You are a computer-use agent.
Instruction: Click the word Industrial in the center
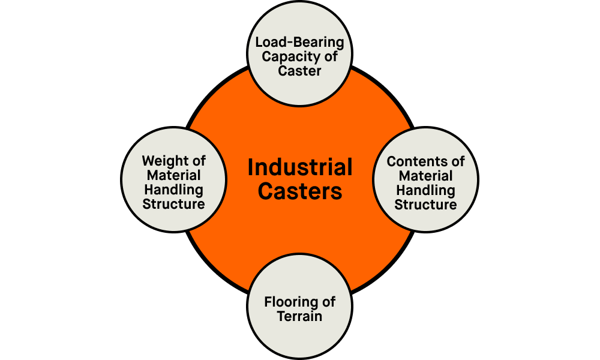[300, 168]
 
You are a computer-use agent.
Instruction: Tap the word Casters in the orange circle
[300, 192]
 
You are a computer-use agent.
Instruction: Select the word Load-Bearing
[300, 43]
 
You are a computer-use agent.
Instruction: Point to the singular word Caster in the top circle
[300, 71]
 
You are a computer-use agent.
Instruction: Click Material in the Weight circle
[174, 176]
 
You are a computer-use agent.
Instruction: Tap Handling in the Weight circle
[174, 190]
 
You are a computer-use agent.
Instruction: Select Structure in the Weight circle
[174, 205]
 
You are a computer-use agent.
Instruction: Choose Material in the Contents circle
[426, 176]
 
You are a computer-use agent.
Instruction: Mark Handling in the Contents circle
[426, 190]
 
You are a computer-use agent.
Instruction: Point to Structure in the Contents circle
[426, 205]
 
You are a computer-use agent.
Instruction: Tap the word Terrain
[300, 316]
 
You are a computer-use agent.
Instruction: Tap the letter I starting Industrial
[251, 168]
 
